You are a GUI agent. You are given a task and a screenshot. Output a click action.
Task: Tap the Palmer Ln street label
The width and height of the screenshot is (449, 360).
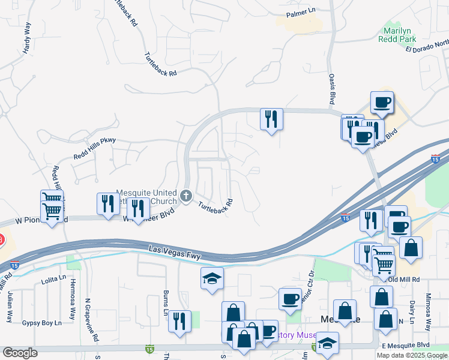tap(301, 10)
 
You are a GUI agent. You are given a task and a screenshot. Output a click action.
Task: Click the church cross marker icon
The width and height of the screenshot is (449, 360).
tap(187, 195)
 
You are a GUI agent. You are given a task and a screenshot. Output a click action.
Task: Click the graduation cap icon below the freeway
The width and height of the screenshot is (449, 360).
tap(212, 278)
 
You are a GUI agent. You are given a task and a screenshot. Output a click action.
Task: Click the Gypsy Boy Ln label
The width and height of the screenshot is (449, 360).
tap(41, 323)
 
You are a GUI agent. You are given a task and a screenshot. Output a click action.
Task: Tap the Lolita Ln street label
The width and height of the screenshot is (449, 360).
tap(53, 280)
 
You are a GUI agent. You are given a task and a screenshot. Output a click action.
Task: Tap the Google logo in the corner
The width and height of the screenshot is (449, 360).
tap(20, 353)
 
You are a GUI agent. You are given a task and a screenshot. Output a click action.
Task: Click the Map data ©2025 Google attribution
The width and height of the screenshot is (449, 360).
tap(412, 355)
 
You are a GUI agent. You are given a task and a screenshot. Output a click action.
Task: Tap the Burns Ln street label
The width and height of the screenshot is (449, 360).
tap(166, 302)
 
